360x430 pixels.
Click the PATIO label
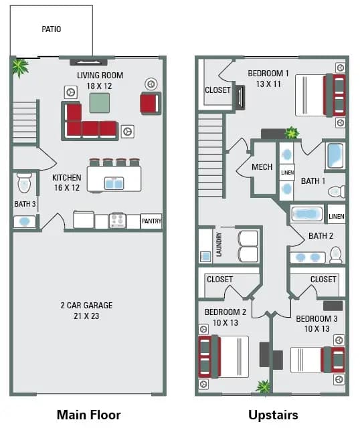[52, 29]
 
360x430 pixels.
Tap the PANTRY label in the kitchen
[151, 221]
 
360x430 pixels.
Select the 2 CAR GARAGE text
[86, 306]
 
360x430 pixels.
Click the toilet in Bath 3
[24, 183]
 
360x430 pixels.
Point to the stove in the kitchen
[118, 221]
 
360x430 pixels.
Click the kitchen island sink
[113, 183]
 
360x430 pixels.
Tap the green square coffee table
[100, 102]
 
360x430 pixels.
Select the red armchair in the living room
[150, 103]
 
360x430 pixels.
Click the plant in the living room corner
[20, 66]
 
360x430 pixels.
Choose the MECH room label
[262, 167]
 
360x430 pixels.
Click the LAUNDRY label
[218, 245]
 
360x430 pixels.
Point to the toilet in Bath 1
[337, 192]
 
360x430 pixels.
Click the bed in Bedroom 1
[314, 96]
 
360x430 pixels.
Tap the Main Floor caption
[88, 415]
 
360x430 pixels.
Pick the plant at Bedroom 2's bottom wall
[264, 387]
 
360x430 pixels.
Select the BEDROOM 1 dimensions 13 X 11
[268, 84]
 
